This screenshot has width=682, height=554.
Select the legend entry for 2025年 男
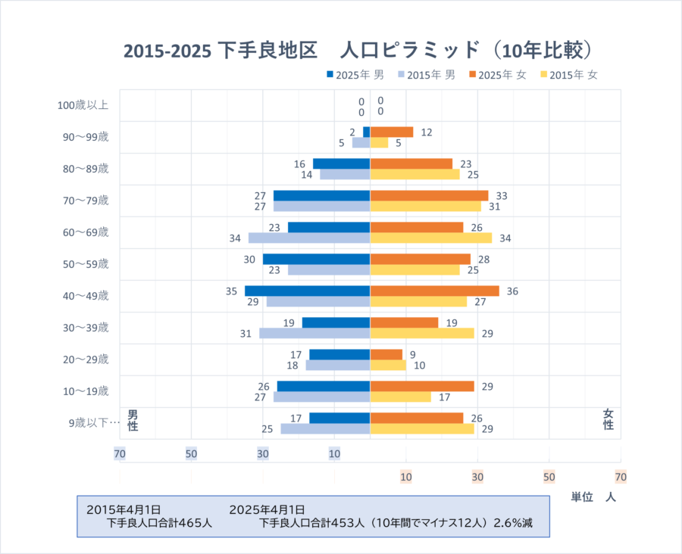click(355, 75)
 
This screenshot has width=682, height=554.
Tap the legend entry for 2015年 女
click(568, 75)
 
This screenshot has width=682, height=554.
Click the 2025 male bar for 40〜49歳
click(307, 291)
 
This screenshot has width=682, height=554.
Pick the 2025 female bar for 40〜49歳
click(434, 291)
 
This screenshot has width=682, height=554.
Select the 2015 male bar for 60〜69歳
click(309, 238)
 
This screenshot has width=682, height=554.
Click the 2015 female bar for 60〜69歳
click(430, 238)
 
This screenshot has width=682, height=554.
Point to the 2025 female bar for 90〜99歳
click(391, 132)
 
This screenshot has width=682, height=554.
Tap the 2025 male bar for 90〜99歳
click(366, 132)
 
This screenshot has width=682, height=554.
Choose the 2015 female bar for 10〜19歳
click(400, 397)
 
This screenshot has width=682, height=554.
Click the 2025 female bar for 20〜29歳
click(386, 354)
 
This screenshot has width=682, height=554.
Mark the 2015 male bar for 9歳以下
click(325, 428)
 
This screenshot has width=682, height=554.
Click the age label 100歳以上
click(83, 105)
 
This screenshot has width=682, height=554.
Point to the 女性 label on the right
click(608, 419)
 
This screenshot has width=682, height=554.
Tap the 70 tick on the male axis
click(120, 453)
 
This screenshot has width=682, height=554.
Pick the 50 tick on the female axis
click(549, 477)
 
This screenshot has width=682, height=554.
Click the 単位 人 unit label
click(593, 497)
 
